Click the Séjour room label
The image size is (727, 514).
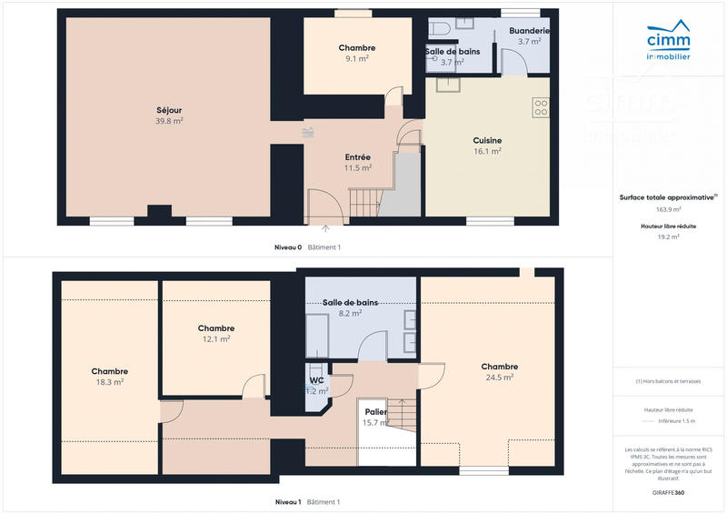169,110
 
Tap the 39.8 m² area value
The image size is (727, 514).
169,120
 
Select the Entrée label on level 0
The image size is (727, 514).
357,157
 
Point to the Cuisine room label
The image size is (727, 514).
487,141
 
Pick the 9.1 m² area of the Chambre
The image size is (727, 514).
357,58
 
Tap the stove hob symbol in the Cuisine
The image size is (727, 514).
541,107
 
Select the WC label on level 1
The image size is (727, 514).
316,380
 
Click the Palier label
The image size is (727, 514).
375,412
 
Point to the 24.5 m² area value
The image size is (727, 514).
499,377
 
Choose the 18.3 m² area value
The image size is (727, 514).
109,382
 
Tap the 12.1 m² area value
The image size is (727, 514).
215,339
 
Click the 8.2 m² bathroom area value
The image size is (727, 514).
350,312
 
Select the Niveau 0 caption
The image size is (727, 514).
288,247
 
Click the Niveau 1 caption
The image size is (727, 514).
288,502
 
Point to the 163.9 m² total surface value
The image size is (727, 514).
668,208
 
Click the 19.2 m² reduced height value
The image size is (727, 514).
668,237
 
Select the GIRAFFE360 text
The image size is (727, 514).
668,491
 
